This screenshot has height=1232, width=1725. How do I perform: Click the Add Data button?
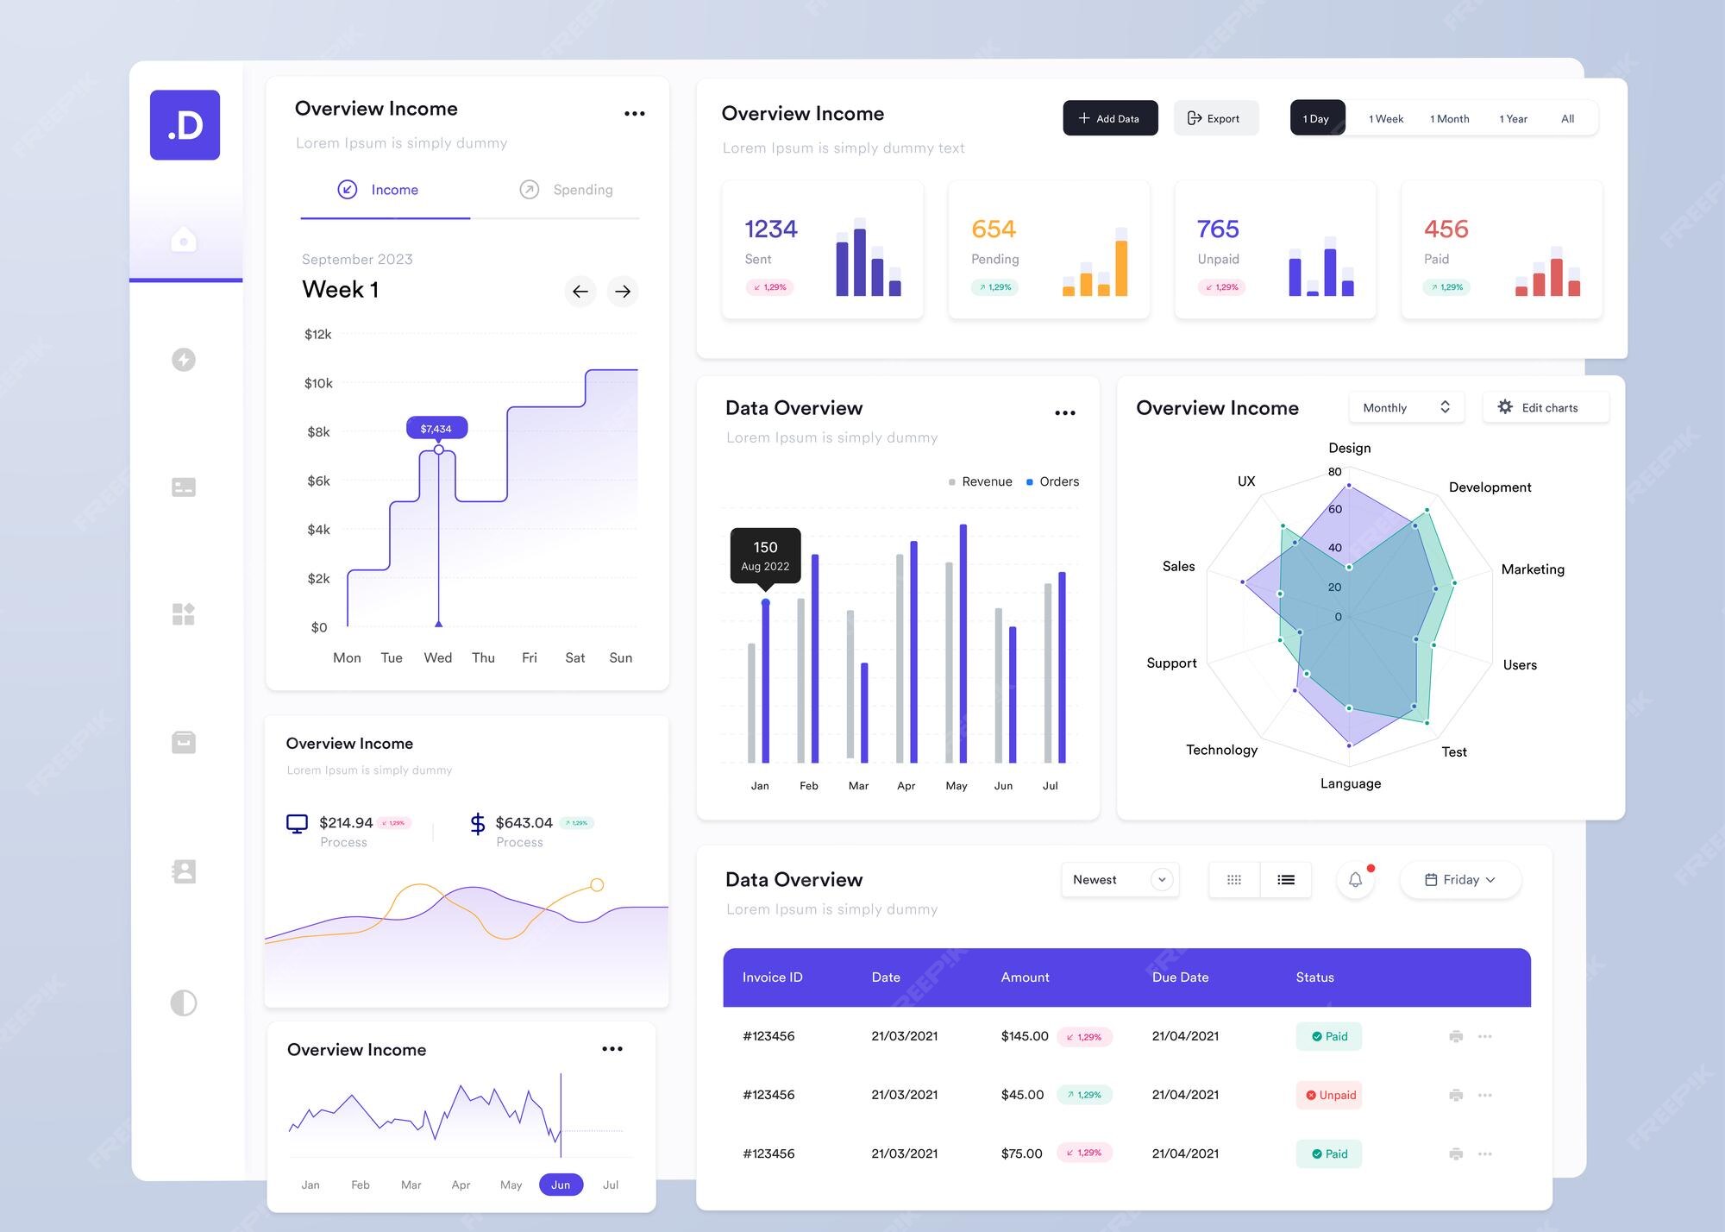point(1109,118)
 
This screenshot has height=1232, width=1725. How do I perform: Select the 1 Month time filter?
point(1449,118)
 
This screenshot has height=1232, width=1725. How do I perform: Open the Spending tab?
point(567,190)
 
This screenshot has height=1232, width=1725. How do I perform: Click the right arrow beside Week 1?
point(623,292)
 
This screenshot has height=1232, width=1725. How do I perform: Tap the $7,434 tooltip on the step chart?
point(436,428)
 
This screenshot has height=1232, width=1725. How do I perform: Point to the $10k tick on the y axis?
point(318,383)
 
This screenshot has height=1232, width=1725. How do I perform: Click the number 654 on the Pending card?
point(993,229)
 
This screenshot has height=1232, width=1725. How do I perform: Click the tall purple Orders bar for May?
point(963,643)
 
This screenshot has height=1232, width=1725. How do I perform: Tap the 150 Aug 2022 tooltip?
point(765,555)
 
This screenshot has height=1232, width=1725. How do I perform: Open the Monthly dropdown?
point(1406,407)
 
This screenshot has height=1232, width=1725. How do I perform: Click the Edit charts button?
point(1545,407)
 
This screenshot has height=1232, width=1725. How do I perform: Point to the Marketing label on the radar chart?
point(1532,569)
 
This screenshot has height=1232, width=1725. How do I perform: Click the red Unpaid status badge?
point(1329,1095)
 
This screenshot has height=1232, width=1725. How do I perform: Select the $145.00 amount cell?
point(1025,1036)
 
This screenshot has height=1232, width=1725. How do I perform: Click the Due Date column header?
point(1180,977)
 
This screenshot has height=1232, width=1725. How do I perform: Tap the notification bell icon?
point(1355,879)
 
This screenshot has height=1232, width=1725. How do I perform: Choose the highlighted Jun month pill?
point(561,1185)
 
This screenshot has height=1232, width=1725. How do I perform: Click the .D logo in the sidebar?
point(185,125)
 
